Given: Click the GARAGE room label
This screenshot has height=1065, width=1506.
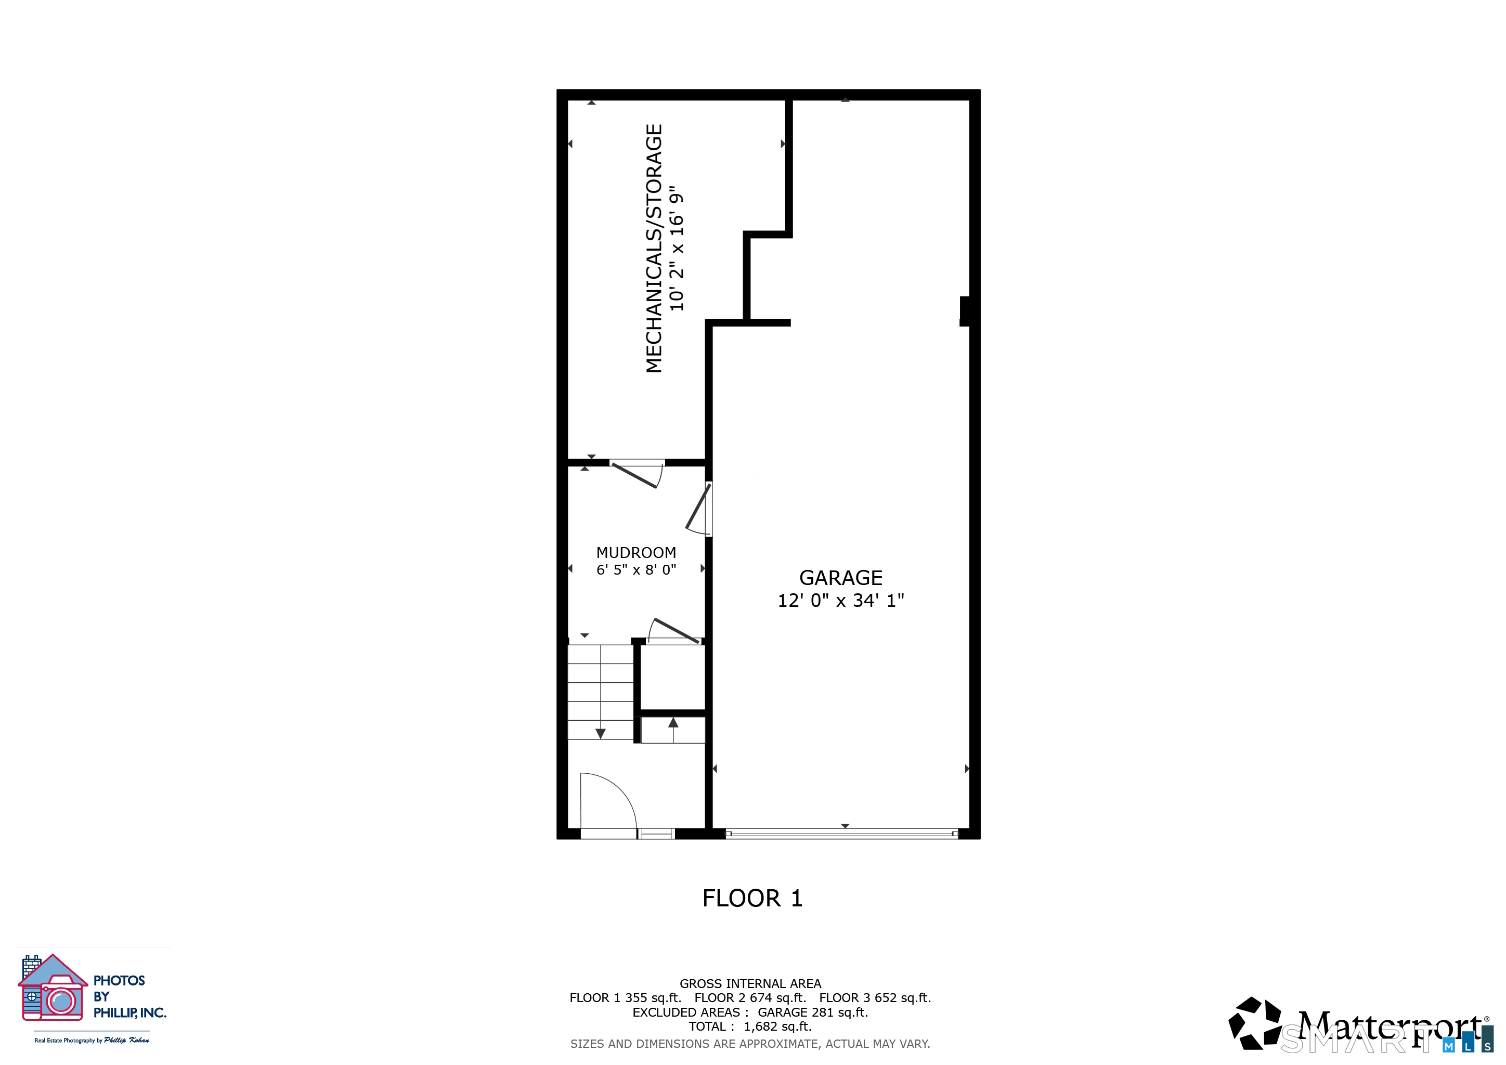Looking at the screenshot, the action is [x=840, y=578].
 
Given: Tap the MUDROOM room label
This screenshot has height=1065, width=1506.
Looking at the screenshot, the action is [x=635, y=553].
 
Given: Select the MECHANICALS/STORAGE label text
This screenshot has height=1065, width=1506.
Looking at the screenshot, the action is [x=654, y=249].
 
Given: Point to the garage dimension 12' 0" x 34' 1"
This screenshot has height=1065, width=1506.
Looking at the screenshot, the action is [x=840, y=601].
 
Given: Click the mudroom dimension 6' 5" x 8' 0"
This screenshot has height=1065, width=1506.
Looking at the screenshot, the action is [x=635, y=570].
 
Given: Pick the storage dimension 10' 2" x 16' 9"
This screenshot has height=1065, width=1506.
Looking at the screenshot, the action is [x=676, y=249].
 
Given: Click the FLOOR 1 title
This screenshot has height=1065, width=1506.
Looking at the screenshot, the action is [x=752, y=899].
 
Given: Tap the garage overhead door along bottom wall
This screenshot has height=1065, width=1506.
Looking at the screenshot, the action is [x=841, y=834].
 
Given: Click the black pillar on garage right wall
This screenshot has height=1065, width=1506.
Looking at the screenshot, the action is [x=965, y=311].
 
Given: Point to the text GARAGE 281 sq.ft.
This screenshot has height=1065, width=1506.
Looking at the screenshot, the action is [x=813, y=1012].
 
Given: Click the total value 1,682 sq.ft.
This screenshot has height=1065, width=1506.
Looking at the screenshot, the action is [x=777, y=1027].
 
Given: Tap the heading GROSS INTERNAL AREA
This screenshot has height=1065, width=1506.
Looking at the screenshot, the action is [x=750, y=984].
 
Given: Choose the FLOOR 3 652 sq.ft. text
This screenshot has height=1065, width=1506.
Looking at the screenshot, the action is [x=875, y=998].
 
